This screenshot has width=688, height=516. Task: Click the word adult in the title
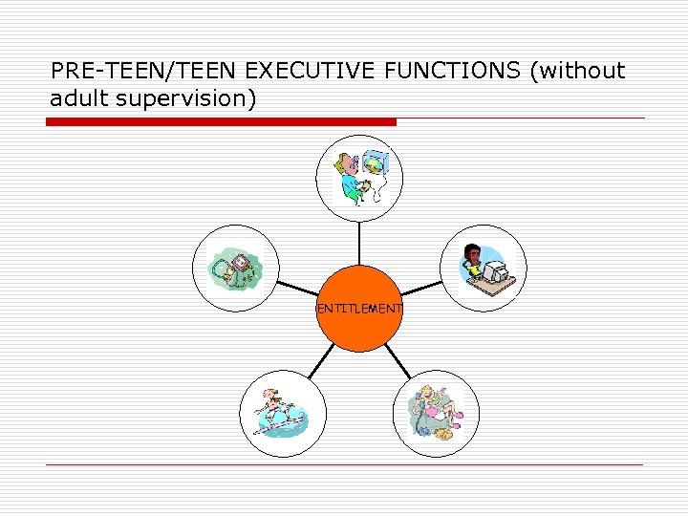click(x=79, y=97)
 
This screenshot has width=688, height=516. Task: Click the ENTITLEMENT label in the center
click(x=359, y=308)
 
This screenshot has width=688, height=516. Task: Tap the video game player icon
click(x=359, y=178)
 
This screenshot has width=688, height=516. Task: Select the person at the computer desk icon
click(x=483, y=267)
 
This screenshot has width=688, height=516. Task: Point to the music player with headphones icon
click(x=235, y=268)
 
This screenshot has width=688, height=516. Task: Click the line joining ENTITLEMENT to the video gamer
click(x=359, y=243)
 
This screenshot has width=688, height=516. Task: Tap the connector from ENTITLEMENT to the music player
click(x=296, y=288)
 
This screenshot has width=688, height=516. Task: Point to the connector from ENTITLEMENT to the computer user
click(x=421, y=288)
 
